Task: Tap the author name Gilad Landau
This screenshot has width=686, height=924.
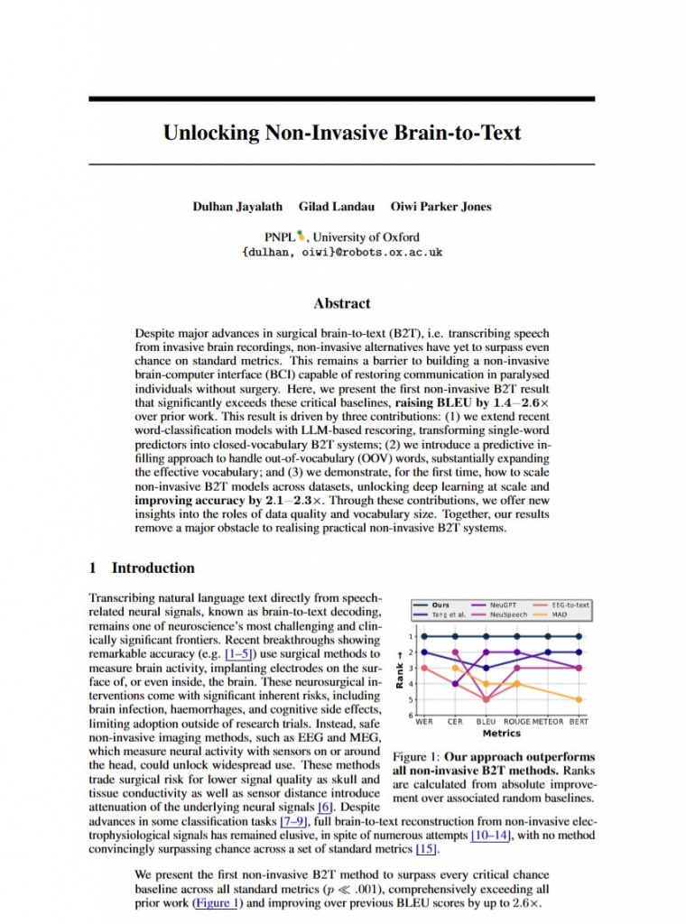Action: pyautogui.click(x=335, y=207)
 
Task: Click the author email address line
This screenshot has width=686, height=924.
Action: pyautogui.click(x=342, y=253)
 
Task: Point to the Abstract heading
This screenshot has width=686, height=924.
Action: pyautogui.click(x=341, y=303)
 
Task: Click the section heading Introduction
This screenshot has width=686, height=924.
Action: pyautogui.click(x=153, y=568)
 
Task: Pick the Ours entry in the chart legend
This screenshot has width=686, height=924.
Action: pyautogui.click(x=440, y=604)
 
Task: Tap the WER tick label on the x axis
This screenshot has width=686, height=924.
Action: pyautogui.click(x=423, y=721)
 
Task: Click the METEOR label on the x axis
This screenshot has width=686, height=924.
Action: pyautogui.click(x=547, y=721)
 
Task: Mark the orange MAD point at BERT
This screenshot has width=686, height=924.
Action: pyautogui.click(x=579, y=699)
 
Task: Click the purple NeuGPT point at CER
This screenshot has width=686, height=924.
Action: pyautogui.click(x=455, y=652)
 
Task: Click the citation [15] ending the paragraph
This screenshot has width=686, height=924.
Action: pyautogui.click(x=426, y=849)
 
